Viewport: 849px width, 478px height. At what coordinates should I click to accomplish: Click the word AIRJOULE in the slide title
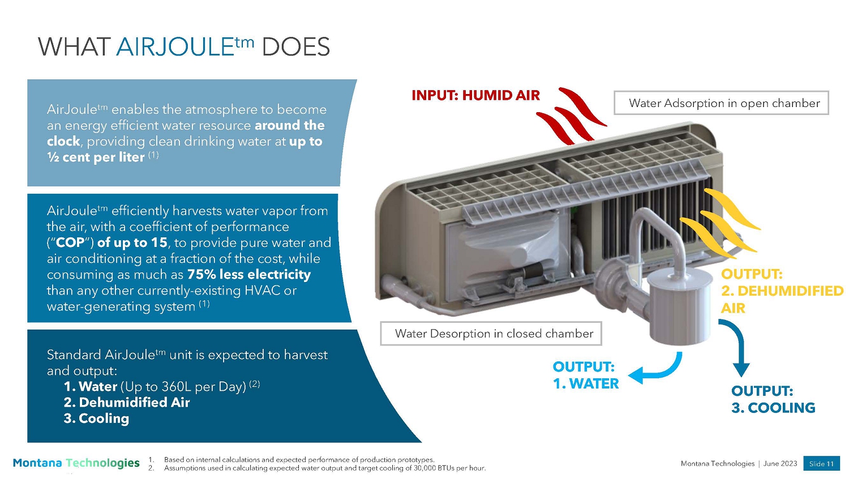click(x=175, y=48)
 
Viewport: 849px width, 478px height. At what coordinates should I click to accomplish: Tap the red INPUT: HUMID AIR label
click(x=475, y=95)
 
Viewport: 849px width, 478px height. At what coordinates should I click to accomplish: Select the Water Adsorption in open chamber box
click(x=721, y=103)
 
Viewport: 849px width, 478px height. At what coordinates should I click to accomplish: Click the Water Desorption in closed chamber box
click(x=491, y=334)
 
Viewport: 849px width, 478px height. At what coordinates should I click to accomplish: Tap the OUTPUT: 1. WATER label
click(x=586, y=375)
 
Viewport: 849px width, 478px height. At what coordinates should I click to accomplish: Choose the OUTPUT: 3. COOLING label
click(x=773, y=399)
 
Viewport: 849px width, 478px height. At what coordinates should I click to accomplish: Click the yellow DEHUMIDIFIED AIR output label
click(x=782, y=291)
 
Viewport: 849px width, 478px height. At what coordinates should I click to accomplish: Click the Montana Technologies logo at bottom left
click(x=76, y=463)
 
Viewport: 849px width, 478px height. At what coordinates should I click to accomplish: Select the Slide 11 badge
click(x=821, y=464)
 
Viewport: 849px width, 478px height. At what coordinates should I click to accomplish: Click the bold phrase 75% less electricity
click(x=249, y=274)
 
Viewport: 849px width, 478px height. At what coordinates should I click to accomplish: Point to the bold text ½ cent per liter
click(x=96, y=157)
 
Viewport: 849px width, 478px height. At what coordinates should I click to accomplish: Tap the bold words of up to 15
click(x=132, y=242)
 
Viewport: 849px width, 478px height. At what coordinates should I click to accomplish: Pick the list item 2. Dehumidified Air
click(x=127, y=402)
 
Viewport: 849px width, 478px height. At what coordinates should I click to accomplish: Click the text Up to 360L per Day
click(x=183, y=387)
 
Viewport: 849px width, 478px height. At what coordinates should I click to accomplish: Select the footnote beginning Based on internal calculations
click(x=299, y=460)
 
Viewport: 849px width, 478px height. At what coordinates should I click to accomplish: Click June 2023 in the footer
click(x=780, y=464)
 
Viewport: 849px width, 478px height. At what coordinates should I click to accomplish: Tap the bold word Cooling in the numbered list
click(x=104, y=419)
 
